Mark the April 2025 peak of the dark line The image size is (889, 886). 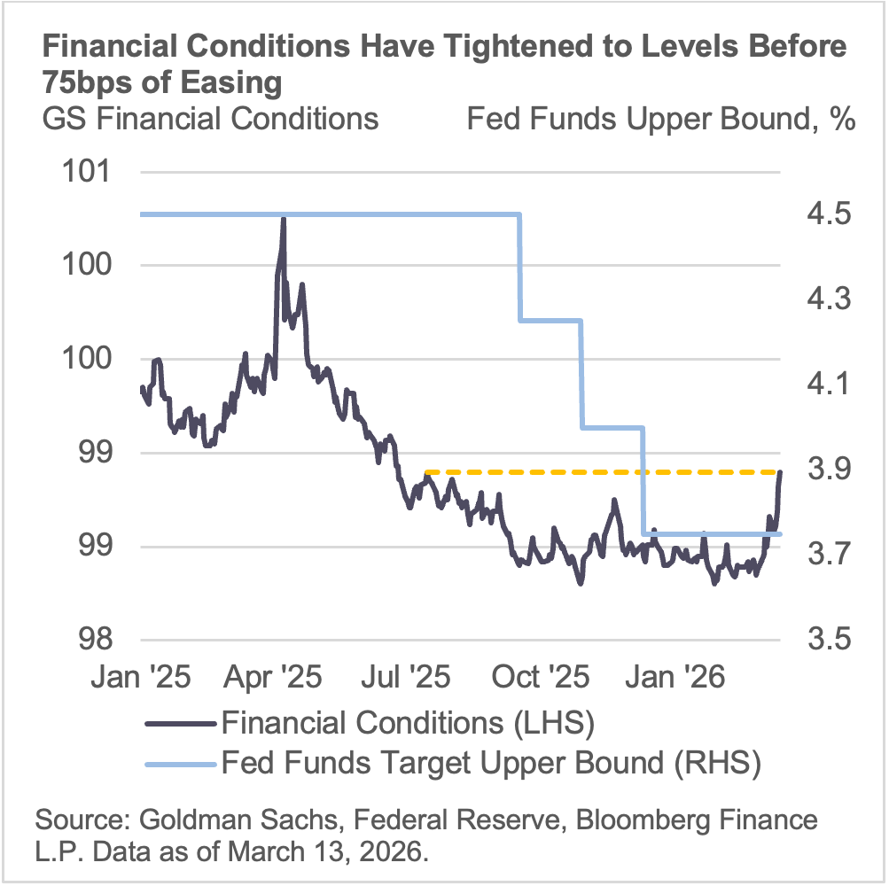pos(283,218)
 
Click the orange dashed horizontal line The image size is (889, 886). pos(603,471)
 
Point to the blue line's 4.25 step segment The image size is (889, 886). pos(550,320)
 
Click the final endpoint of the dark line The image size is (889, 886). pos(780,472)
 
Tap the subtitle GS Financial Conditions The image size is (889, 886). pos(211,119)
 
